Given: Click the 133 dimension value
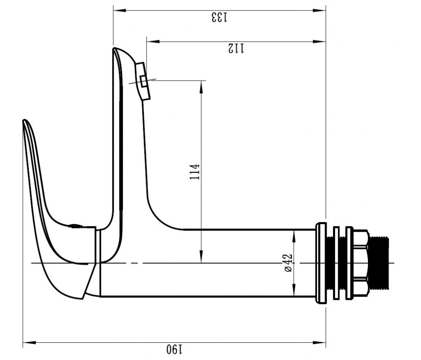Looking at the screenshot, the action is [219, 17].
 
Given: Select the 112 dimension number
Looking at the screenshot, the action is [236, 48].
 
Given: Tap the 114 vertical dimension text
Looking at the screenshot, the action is [195, 172].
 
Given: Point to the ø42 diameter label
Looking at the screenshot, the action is [288, 263].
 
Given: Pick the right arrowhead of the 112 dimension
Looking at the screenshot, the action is [320, 42].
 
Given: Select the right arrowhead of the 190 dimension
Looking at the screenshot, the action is [320, 343].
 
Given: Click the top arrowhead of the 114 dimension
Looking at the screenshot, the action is [201, 87].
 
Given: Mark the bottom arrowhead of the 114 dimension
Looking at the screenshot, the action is [201, 257].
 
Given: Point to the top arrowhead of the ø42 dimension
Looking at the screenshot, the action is [294, 236].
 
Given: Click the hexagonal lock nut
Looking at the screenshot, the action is [360, 263].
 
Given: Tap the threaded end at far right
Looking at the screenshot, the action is [378, 263].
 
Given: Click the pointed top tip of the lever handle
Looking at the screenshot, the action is [24, 121].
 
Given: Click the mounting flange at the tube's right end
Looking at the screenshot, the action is [321, 263].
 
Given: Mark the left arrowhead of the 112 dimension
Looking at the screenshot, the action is [153, 42].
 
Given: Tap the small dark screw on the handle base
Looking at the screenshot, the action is [75, 226].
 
